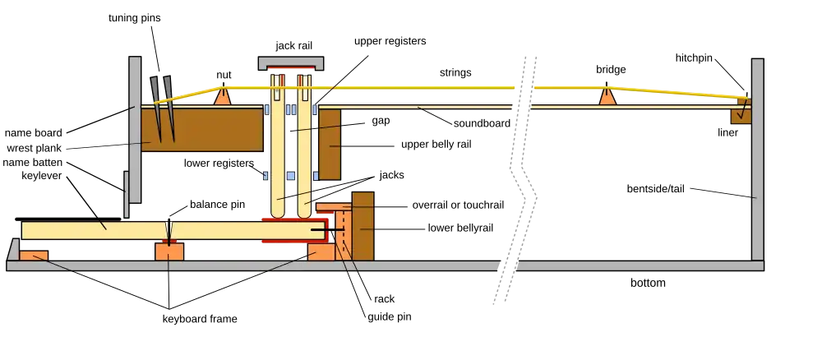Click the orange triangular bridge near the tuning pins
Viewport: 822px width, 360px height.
[222, 96]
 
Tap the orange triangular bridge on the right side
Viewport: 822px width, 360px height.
[607, 96]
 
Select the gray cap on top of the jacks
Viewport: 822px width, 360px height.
[290, 62]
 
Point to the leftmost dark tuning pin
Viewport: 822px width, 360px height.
[156, 103]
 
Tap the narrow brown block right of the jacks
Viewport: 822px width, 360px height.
[330, 144]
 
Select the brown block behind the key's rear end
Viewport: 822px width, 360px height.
[363, 226]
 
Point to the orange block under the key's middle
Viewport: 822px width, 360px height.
[169, 251]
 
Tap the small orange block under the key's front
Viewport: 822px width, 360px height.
[34, 256]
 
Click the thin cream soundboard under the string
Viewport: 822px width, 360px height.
[493, 108]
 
